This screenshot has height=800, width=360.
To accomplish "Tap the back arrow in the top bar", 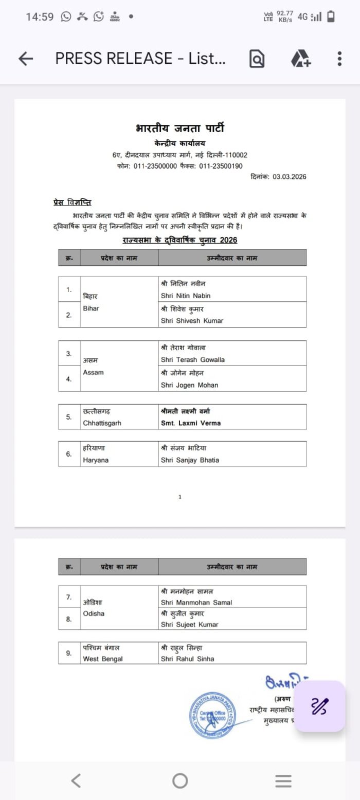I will [x=25, y=59].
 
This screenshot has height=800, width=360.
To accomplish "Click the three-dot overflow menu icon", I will [x=339, y=59].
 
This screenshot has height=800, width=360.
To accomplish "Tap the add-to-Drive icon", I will [x=301, y=59].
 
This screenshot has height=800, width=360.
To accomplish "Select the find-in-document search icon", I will [x=257, y=59].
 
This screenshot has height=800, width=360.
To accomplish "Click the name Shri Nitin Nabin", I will [x=186, y=296].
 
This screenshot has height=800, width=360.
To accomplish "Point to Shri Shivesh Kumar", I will [x=192, y=321].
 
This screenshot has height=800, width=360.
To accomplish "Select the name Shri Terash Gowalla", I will [x=192, y=359].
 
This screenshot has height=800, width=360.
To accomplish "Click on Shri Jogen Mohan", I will [x=189, y=385].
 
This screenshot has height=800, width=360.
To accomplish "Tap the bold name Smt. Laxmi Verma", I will [x=190, y=423].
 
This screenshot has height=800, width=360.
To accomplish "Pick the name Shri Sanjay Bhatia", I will [x=190, y=460].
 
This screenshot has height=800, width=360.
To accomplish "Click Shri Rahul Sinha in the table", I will [x=187, y=659].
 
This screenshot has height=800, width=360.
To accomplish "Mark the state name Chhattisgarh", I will [x=102, y=423].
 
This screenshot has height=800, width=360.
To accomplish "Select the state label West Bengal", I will [x=103, y=659].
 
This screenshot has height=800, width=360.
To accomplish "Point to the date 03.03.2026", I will [x=289, y=177].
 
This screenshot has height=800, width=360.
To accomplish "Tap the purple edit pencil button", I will [x=319, y=706].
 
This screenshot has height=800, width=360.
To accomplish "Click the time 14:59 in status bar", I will [x=40, y=17].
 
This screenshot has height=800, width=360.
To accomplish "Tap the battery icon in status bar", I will [x=331, y=17].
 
